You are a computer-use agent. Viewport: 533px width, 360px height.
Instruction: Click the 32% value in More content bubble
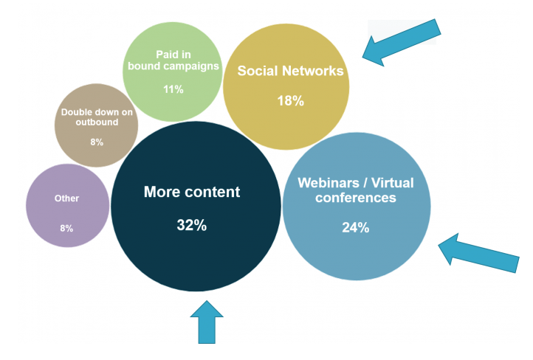[192, 225]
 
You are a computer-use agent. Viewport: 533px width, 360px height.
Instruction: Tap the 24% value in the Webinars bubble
[356, 227]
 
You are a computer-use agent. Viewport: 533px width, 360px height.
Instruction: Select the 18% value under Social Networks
[291, 101]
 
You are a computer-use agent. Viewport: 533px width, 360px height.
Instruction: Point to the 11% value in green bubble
[173, 89]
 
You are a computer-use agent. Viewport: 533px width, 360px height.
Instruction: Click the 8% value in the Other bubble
[66, 228]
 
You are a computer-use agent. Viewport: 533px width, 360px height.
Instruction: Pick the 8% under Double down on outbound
[97, 142]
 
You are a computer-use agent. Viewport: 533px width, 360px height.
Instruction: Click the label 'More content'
[192, 192]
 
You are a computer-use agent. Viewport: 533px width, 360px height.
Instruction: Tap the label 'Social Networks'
[291, 71]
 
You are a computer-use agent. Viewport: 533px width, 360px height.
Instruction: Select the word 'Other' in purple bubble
[66, 198]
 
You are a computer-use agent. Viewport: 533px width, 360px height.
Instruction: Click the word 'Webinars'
[329, 183]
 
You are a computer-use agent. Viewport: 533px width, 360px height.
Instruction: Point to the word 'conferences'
[356, 198]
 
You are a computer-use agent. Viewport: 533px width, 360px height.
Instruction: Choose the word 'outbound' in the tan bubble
[97, 122]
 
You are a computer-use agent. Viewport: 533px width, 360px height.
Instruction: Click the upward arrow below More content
[207, 322]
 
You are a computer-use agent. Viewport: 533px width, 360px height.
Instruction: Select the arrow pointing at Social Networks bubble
[402, 43]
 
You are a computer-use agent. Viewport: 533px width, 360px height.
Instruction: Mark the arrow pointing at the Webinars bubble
[478, 253]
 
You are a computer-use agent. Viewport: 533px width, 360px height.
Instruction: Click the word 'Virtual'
[392, 183]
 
